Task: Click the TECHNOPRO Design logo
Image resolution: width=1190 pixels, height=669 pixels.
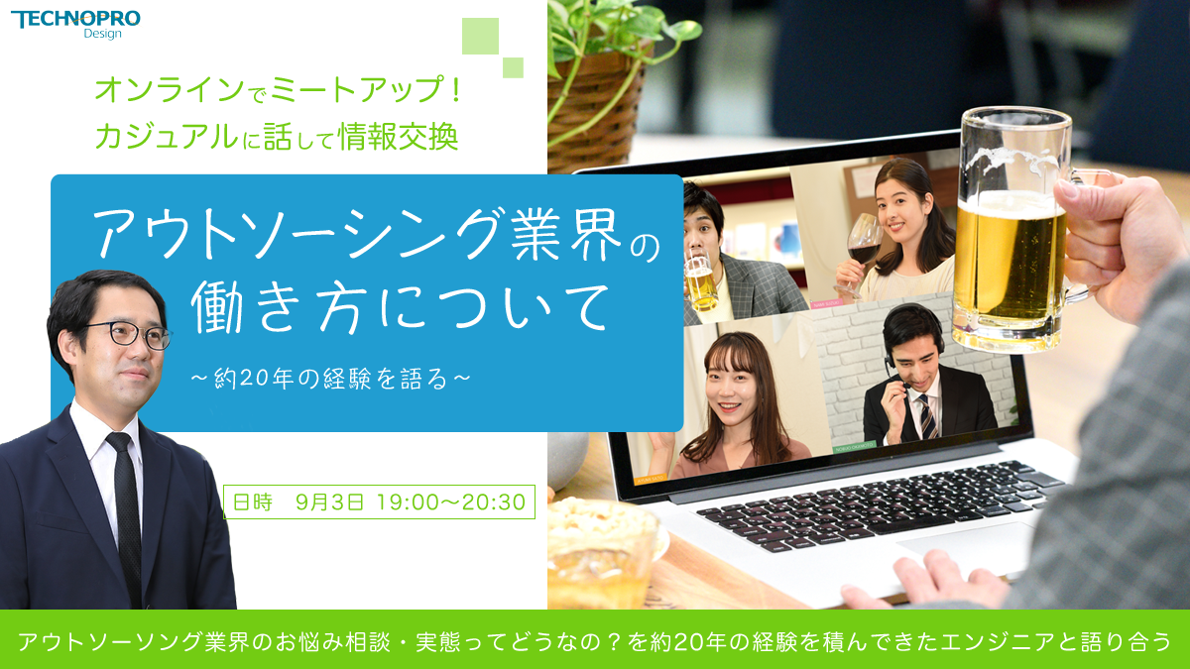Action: click(x=75, y=25)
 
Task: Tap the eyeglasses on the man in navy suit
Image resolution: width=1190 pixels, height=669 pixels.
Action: click(x=130, y=336)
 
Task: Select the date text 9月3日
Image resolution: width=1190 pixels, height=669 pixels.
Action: click(x=330, y=502)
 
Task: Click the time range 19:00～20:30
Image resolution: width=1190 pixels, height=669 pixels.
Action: click(x=451, y=502)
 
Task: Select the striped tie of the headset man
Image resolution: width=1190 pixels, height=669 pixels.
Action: click(x=928, y=417)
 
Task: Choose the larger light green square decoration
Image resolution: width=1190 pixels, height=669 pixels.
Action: click(x=480, y=36)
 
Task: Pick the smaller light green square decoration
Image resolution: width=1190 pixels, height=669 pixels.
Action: click(x=513, y=67)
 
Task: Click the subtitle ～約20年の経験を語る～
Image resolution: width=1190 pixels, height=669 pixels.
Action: click(x=331, y=379)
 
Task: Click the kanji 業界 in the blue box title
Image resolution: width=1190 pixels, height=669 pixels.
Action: click(x=566, y=234)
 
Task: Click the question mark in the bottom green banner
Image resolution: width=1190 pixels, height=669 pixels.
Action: click(x=614, y=641)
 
